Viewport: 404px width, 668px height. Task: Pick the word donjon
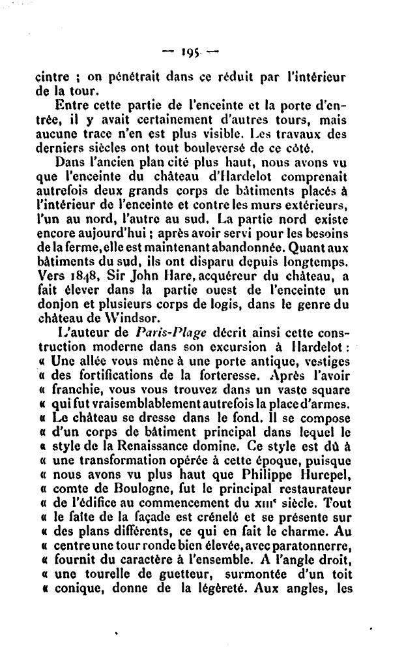coord(55,305)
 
